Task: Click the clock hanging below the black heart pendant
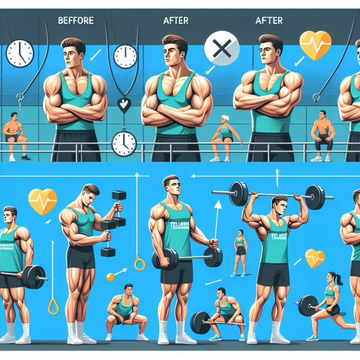point(124,143)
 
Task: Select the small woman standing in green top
point(241,250)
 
